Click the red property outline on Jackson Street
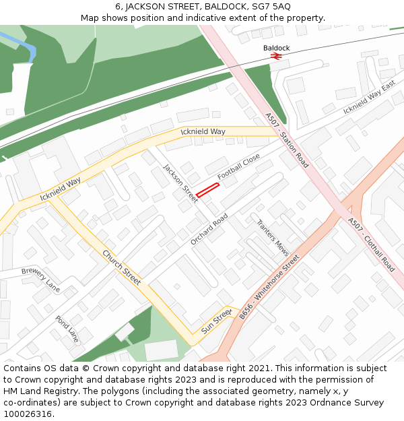(208, 190)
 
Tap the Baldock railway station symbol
(275, 57)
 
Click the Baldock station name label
(276, 48)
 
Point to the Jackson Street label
(181, 183)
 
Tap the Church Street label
(121, 267)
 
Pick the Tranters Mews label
(273, 236)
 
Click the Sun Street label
(216, 321)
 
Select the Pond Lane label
(67, 329)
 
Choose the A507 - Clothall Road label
(371, 244)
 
